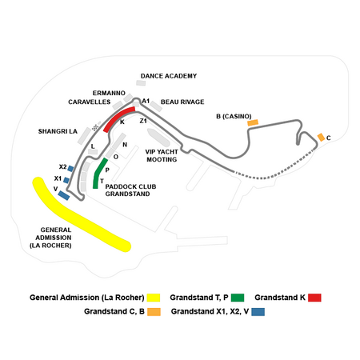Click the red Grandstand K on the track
118,118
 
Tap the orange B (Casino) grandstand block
253,122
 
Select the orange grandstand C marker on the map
321,138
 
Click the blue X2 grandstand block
70,169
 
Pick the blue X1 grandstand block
66,180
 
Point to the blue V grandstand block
64,195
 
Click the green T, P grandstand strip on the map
98,174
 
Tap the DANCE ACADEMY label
169,76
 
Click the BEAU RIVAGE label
182,102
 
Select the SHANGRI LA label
58,131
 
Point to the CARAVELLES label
90,102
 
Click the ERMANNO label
109,93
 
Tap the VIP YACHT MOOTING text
162,155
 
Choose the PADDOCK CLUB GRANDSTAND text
130,190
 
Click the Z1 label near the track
143,121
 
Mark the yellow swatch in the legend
154,298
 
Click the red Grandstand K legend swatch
314,298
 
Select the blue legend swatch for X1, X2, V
258,312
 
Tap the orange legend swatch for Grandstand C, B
154,312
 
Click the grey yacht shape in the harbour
158,138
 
